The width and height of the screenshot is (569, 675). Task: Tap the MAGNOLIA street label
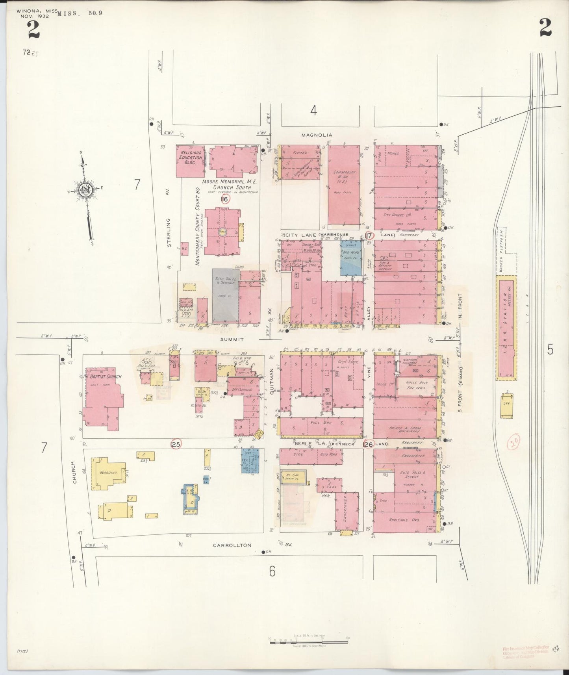[317, 135]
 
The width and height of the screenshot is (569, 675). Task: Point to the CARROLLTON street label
[232, 545]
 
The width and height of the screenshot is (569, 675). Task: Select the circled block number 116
[225, 199]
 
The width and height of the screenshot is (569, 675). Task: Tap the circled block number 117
[369, 235]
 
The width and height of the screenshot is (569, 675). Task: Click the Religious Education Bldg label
[191, 158]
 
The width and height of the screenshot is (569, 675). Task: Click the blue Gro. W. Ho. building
[351, 258]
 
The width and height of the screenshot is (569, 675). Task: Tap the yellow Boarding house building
[108, 473]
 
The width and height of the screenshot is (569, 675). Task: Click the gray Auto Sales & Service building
[225, 295]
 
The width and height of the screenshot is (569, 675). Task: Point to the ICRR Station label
[506, 329]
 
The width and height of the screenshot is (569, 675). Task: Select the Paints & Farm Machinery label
[405, 430]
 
